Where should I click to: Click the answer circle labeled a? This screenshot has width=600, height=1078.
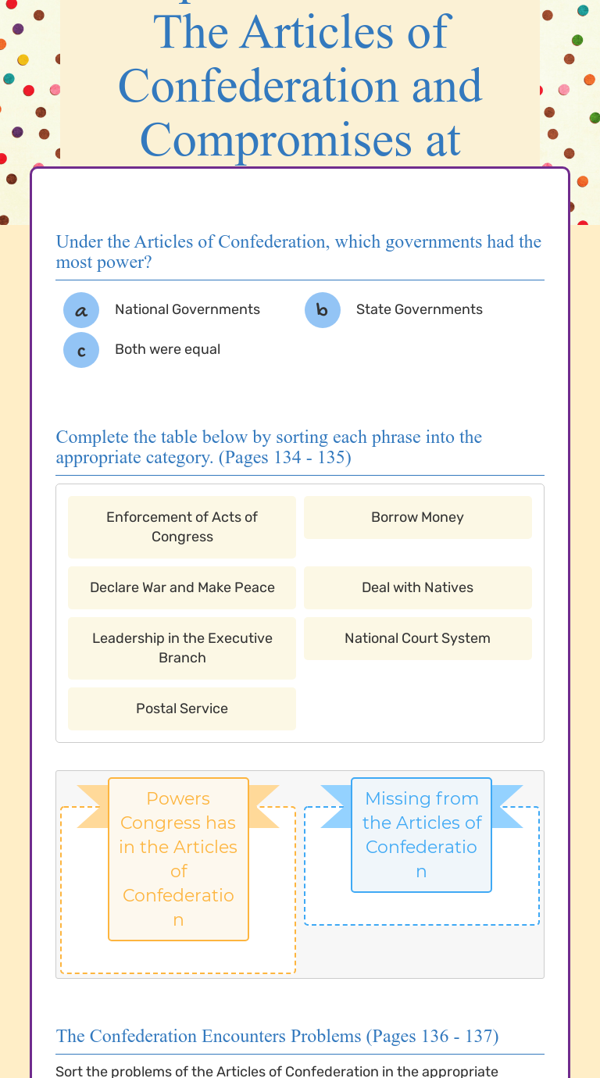pos(81,310)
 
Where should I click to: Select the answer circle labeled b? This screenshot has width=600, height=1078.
pos(323,310)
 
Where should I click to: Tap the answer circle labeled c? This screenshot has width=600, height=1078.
pos(81,350)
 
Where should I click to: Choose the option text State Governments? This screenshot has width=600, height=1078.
pos(419,309)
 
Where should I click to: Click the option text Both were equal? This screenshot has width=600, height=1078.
pos(167,349)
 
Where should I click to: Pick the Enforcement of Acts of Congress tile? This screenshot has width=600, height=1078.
pos(182,527)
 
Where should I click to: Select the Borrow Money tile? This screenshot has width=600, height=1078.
pos(417,517)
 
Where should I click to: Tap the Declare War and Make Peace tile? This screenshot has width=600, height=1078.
pos(182,587)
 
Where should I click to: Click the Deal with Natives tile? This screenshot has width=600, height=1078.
pos(417,587)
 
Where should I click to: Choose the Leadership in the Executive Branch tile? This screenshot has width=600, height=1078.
pos(182,648)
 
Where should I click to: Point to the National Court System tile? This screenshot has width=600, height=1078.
pos(417,638)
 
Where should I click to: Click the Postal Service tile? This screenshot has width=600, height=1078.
pos(182,709)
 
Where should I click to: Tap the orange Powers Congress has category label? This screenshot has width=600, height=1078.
pos(178,858)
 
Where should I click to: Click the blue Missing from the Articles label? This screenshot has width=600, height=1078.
pos(421,834)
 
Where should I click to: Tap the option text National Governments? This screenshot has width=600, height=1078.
pos(187,309)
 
